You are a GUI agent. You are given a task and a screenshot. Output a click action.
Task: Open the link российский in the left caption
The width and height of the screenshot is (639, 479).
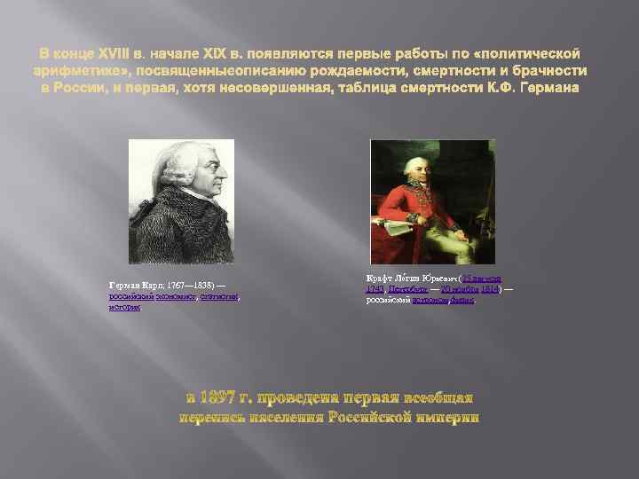(x=129, y=297)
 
